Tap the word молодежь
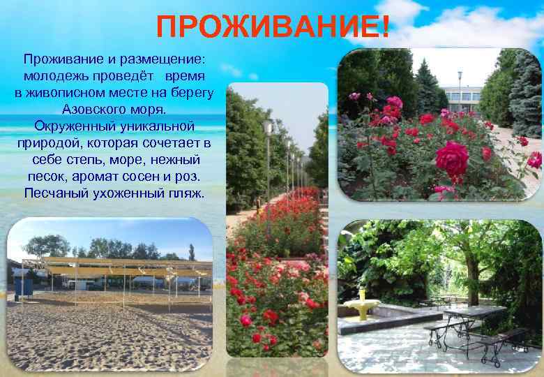56,75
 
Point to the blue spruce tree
527,91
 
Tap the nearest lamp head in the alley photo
268,126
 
